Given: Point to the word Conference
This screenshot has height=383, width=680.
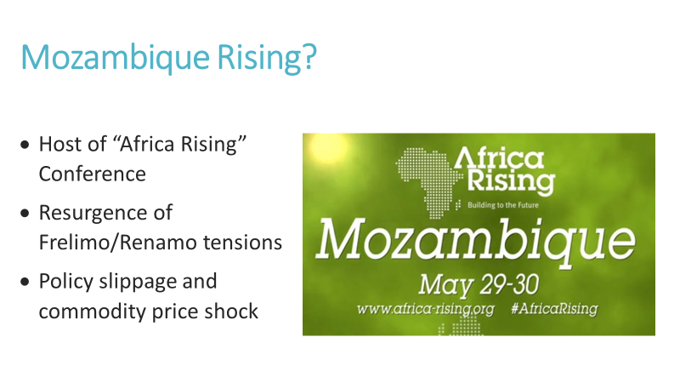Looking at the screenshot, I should pos(92,174).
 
